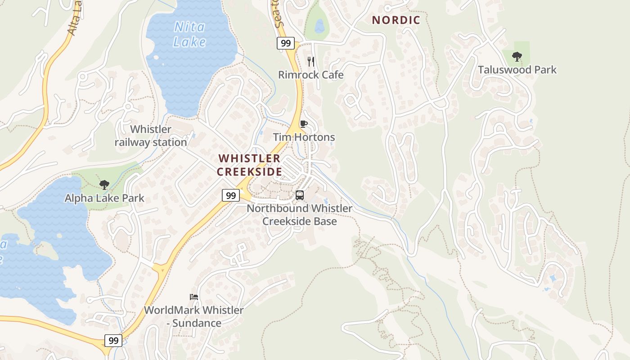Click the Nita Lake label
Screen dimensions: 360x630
pyautogui.click(x=189, y=35)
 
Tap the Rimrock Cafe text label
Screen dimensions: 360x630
pyautogui.click(x=310, y=75)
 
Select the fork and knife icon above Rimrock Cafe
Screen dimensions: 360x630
pyautogui.click(x=310, y=61)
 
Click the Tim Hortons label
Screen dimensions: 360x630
pyautogui.click(x=304, y=137)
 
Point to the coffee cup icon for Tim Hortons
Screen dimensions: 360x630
pyautogui.click(x=304, y=124)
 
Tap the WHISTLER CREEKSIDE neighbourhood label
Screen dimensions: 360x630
pyautogui.click(x=249, y=165)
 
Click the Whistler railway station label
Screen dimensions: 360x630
pyautogui.click(x=151, y=136)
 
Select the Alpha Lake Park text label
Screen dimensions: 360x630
pyautogui.click(x=104, y=198)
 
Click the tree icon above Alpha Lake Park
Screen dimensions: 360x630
pyautogui.click(x=104, y=184)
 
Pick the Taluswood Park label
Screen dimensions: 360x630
pyautogui.click(x=517, y=70)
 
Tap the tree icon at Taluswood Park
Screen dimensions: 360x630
pyautogui.click(x=517, y=57)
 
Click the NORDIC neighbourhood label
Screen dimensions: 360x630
pyautogui.click(x=396, y=20)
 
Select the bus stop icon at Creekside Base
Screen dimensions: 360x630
pyautogui.click(x=299, y=195)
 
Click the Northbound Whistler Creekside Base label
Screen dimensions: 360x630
pyautogui.click(x=299, y=215)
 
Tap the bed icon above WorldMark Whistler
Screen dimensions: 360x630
pyautogui.click(x=194, y=297)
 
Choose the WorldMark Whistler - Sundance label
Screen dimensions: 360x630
pyautogui.click(x=194, y=316)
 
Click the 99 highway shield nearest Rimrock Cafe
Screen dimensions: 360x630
pyautogui.click(x=285, y=43)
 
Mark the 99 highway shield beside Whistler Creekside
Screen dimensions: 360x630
pyautogui.click(x=230, y=195)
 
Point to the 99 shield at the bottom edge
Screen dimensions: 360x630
pyautogui.click(x=113, y=341)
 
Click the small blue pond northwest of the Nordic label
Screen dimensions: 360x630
pyautogui.click(x=319, y=26)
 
